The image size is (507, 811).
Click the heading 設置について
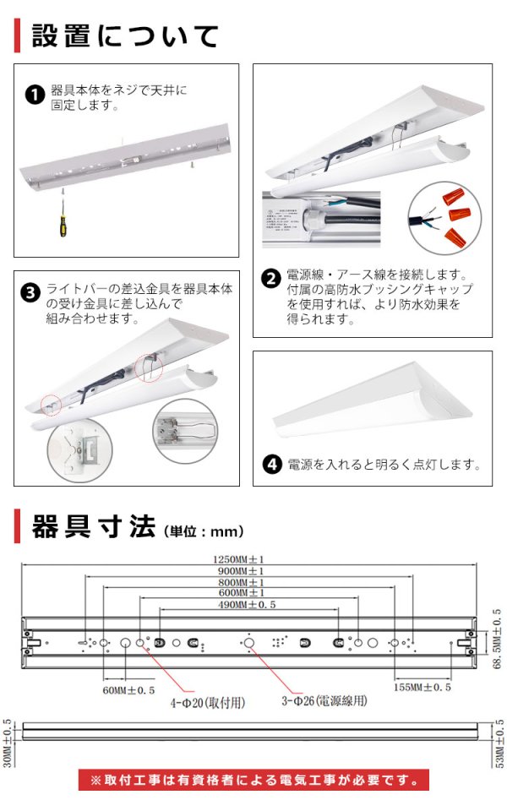tap(125, 35)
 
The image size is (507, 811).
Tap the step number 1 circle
tap(35, 95)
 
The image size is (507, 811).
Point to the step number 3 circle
tap(30, 293)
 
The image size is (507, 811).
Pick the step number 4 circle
tap(271, 464)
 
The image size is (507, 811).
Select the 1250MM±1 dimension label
tap(251, 559)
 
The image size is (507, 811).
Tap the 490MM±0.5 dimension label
tap(248, 605)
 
